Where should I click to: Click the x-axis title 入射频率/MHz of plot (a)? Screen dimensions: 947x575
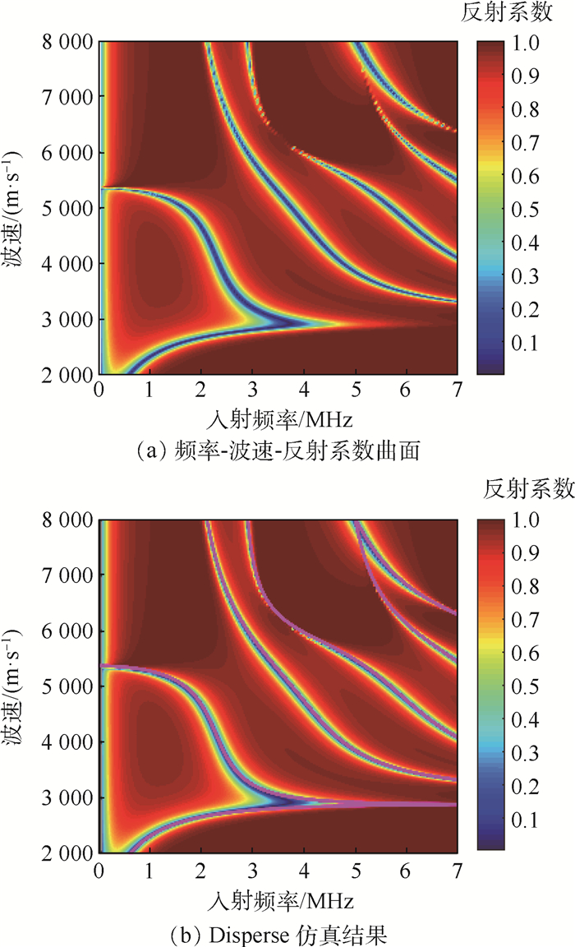pyautogui.click(x=279, y=421)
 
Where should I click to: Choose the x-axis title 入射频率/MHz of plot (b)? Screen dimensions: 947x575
pyautogui.click(x=279, y=898)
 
